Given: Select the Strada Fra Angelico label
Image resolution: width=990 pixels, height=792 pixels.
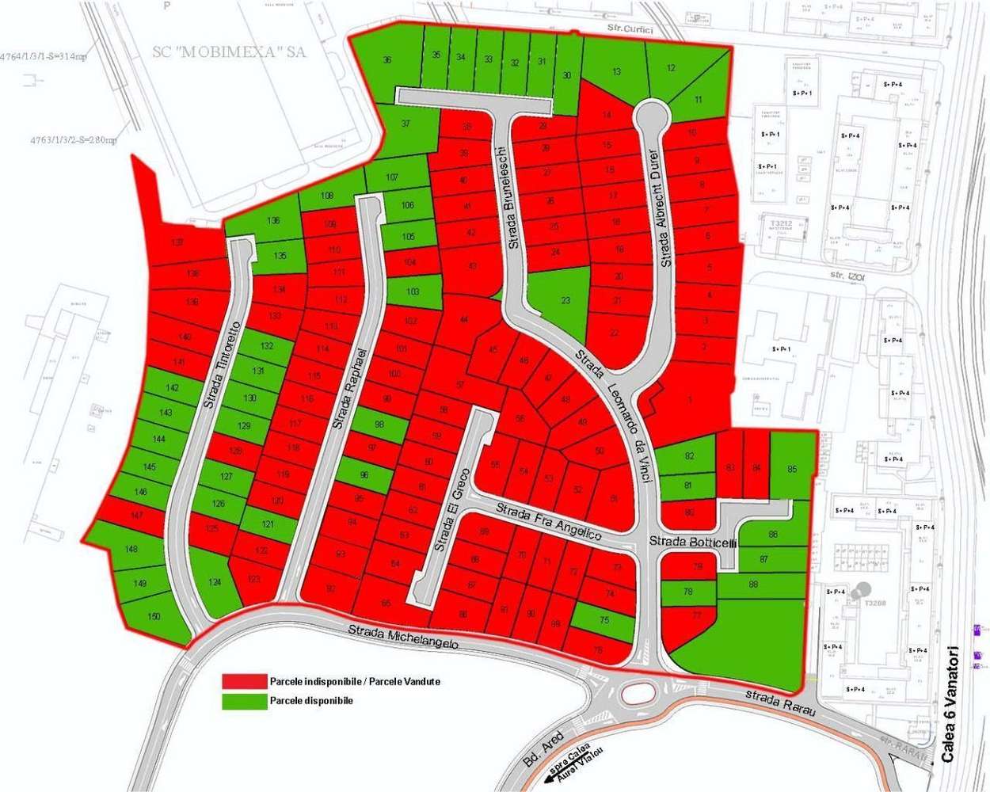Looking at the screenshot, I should point(549,520).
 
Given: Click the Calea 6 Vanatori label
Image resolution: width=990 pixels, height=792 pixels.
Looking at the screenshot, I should point(951,704).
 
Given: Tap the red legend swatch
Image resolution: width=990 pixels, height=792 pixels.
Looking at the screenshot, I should point(244,682).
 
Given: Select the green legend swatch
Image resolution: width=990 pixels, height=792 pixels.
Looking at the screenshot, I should point(244,701).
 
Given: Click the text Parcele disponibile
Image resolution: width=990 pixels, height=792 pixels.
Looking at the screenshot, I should point(311,701).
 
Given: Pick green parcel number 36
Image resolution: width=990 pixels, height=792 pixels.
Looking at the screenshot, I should point(387,60).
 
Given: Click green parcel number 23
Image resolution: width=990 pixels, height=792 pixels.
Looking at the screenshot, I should point(565,301).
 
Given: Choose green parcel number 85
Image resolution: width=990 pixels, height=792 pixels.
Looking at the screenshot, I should point(792,469).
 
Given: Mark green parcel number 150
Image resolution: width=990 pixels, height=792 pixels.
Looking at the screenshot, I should point(154,616).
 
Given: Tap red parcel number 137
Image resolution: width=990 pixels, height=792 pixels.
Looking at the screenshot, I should point(177,242).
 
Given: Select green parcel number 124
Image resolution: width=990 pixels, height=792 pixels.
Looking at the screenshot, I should point(214,583).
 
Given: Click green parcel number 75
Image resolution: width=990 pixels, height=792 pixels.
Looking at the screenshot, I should point(604,620).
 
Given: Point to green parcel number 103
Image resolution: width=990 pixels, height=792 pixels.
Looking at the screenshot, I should point(413,292).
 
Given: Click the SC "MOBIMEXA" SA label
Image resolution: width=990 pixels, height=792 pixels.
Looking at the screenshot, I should point(230,52).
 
